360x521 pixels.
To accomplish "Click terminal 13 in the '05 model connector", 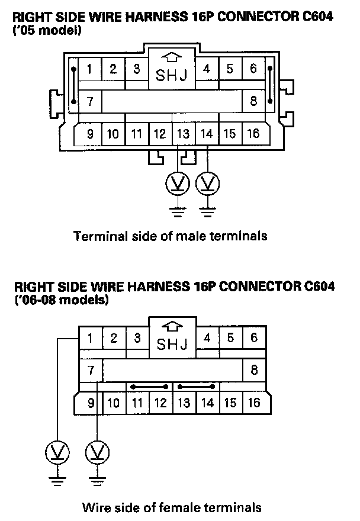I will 184,134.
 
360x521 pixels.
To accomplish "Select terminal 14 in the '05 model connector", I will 207,134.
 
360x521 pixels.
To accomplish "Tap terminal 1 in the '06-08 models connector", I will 90,339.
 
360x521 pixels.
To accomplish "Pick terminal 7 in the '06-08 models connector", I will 91,371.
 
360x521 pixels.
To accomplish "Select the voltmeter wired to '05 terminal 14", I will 206,184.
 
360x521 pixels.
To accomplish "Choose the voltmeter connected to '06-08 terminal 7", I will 95,454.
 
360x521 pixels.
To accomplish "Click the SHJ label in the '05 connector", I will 172,76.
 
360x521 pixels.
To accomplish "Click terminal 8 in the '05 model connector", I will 253,101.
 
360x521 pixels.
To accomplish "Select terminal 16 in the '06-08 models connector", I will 253,403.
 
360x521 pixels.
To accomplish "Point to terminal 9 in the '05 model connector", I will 90,134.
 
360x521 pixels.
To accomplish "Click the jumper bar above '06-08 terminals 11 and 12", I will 149,386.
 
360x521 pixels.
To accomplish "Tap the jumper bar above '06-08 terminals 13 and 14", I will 196,386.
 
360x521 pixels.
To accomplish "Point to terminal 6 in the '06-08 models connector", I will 253,339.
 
